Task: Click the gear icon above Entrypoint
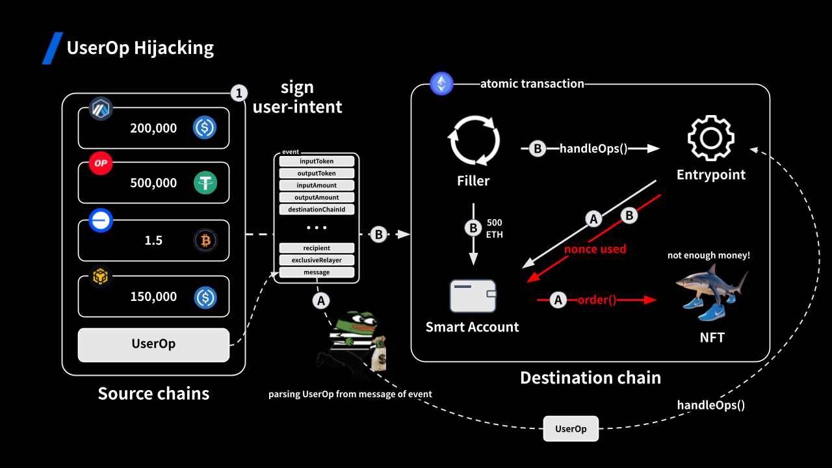click(x=711, y=138)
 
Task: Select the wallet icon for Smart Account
click(x=473, y=295)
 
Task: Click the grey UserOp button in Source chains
click(x=153, y=344)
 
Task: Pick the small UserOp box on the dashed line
click(x=571, y=429)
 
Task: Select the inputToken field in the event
click(x=317, y=161)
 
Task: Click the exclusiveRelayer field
click(x=317, y=260)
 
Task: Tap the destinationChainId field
click(x=317, y=209)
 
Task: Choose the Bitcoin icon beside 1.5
click(x=205, y=240)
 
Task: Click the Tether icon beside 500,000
click(x=205, y=183)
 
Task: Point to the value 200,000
click(x=153, y=128)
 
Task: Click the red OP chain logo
click(x=101, y=164)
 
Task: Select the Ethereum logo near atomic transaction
click(x=442, y=84)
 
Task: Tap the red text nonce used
click(x=595, y=249)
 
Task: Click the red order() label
click(x=597, y=300)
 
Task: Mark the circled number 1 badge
click(x=239, y=94)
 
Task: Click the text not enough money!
click(x=708, y=255)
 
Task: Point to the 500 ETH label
click(x=495, y=228)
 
